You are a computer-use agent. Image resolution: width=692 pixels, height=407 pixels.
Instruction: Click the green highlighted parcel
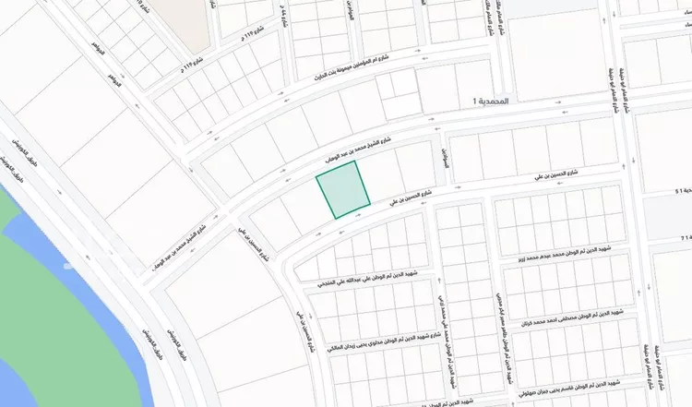tap(343, 189)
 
